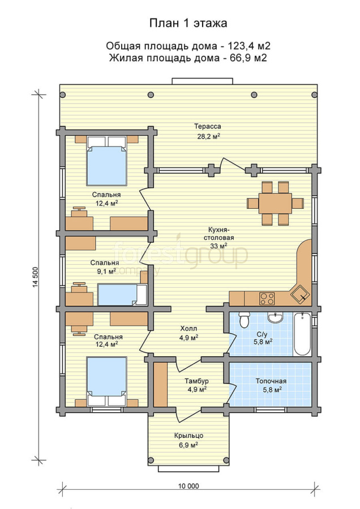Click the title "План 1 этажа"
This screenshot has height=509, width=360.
pos(188,23)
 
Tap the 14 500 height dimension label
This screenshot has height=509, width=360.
pos(36,277)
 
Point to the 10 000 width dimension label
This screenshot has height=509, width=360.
pos(188,486)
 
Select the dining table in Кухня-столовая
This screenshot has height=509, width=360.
pos(275,203)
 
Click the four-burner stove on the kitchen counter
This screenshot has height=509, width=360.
pos(267,299)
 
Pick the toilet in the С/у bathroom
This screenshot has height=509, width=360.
pos(244,320)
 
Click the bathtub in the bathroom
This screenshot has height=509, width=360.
pos(303,334)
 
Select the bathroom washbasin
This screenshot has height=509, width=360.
pos(276,317)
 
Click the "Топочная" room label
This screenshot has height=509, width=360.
pos(271,381)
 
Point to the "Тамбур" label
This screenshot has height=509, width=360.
pos(196,381)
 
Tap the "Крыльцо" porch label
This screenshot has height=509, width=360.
pos(188,435)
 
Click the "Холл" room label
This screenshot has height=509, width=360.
pos(188,329)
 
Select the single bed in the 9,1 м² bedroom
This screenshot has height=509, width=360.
pos(122,295)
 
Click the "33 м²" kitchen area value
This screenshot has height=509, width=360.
pos(218,246)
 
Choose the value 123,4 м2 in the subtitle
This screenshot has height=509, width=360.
pos(250,46)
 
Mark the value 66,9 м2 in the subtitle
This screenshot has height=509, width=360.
pos(247,58)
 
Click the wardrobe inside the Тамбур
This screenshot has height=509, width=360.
pos(160,385)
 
